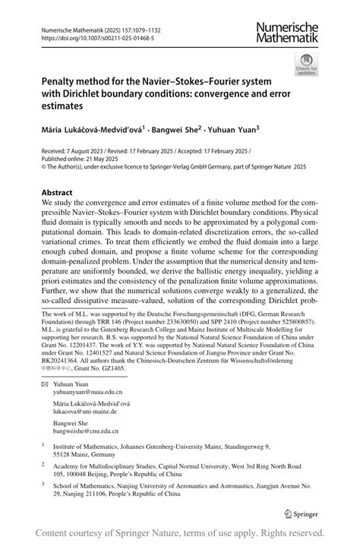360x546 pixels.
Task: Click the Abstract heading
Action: tap(63, 194)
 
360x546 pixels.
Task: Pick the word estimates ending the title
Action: tap(67, 107)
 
